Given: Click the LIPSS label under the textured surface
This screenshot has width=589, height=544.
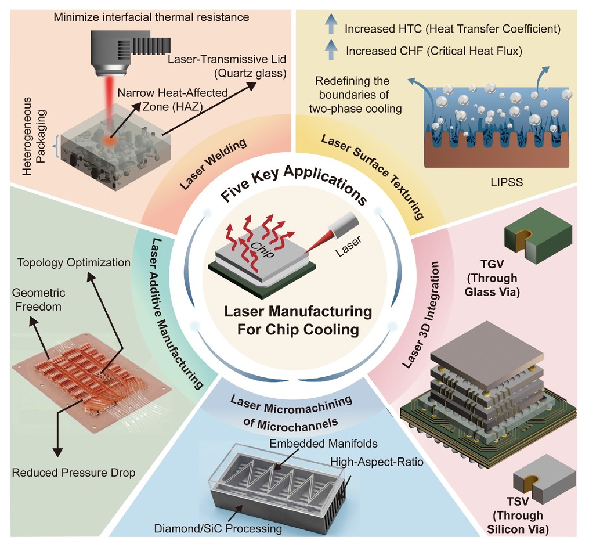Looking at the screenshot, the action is pyautogui.click(x=507, y=182).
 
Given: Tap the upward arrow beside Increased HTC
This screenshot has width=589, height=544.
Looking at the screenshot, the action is pyautogui.click(x=331, y=24).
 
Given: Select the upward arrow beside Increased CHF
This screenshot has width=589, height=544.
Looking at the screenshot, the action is pyautogui.click(x=331, y=50).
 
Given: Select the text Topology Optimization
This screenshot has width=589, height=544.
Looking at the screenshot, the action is pyautogui.click(x=74, y=262).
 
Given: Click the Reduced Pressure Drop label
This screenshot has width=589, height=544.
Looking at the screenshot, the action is pyautogui.click(x=74, y=473).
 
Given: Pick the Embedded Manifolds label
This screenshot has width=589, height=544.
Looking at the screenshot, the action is pyautogui.click(x=323, y=444).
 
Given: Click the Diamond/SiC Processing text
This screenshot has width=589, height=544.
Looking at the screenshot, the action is pyautogui.click(x=218, y=528).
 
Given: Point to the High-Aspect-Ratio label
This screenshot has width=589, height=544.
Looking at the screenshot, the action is pyautogui.click(x=377, y=462).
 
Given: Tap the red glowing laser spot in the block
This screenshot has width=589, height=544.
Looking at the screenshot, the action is pyautogui.click(x=109, y=140).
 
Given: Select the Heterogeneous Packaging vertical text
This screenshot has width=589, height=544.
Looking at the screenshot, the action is pyautogui.click(x=34, y=136).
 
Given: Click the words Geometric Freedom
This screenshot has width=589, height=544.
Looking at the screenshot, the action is pyautogui.click(x=38, y=300).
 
